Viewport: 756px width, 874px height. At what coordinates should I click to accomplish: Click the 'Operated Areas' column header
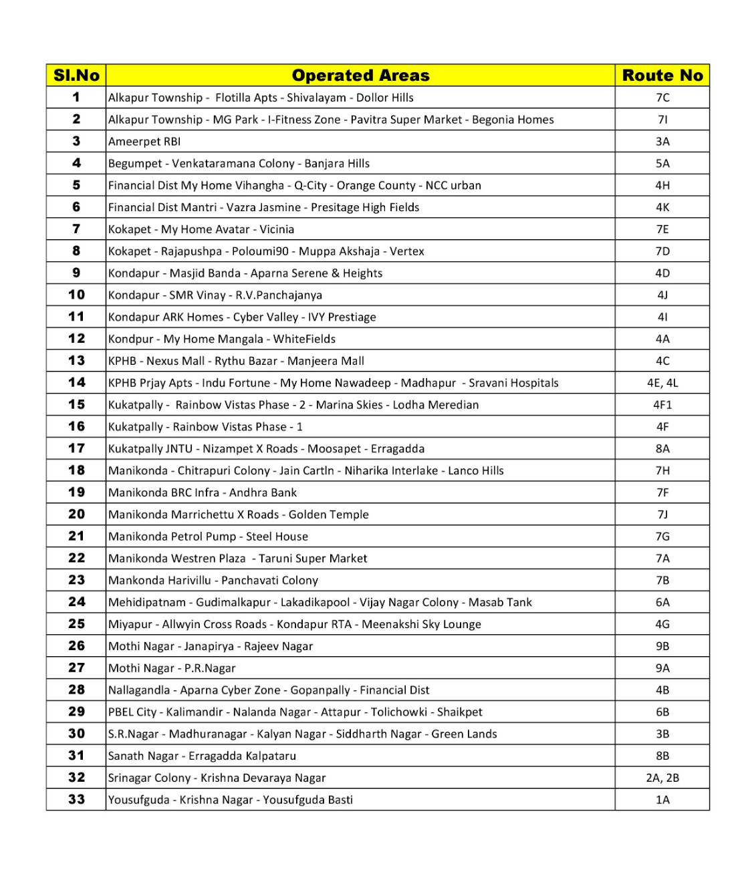pyautogui.click(x=360, y=76)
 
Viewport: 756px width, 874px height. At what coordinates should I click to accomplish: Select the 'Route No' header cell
pyautogui.click(x=662, y=76)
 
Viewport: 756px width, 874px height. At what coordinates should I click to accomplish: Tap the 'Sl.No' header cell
pyautogui.click(x=76, y=76)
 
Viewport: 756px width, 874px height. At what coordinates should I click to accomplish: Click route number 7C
pyautogui.click(x=662, y=98)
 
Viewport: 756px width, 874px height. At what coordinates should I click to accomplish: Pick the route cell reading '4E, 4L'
pyautogui.click(x=662, y=383)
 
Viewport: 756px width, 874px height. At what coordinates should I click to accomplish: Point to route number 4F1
pyautogui.click(x=662, y=405)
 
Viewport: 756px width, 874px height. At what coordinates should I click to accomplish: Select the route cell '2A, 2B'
pyautogui.click(x=662, y=778)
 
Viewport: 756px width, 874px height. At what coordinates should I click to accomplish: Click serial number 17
pyautogui.click(x=76, y=448)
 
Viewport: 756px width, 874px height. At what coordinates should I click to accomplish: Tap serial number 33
pyautogui.click(x=76, y=800)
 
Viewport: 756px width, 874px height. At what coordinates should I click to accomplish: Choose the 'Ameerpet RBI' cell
pyautogui.click(x=144, y=142)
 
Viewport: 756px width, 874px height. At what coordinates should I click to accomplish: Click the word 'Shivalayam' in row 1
pyautogui.click(x=316, y=98)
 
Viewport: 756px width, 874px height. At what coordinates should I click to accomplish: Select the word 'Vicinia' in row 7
pyautogui.click(x=277, y=229)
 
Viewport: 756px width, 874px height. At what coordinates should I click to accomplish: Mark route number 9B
pyautogui.click(x=662, y=646)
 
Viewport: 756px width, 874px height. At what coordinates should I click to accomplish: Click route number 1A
pyautogui.click(x=662, y=800)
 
